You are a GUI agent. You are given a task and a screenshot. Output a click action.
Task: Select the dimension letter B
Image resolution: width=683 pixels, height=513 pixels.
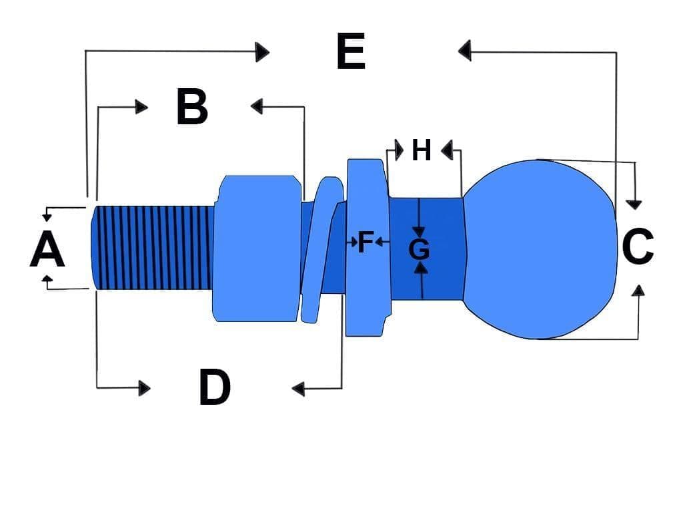tap(192, 107)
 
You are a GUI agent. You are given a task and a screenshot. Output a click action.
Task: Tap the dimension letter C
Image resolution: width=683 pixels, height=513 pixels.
tap(638, 246)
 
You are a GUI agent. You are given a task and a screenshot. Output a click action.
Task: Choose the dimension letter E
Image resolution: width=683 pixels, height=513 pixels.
tap(351, 52)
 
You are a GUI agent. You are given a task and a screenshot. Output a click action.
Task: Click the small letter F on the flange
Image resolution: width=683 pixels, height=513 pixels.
tap(364, 242)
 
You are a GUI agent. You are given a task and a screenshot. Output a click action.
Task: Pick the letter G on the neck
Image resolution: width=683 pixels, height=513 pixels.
tap(419, 250)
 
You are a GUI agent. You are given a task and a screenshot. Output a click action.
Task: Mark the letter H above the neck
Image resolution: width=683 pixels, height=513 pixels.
tap(421, 150)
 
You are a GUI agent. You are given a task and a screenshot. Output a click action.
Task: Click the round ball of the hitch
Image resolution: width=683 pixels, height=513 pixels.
tap(540, 248)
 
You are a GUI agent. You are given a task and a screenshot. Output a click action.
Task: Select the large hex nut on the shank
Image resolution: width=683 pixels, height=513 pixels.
tap(256, 248)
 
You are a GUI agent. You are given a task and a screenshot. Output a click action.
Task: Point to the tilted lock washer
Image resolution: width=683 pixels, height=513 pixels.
tap(317, 248)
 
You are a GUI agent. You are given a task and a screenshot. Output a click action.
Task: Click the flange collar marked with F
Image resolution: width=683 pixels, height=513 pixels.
tap(366, 281)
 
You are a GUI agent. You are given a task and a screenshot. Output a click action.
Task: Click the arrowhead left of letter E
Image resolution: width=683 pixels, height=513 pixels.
tap(263, 51)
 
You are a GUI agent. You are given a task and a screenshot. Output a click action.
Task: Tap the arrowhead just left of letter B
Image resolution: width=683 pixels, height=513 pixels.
tap(141, 106)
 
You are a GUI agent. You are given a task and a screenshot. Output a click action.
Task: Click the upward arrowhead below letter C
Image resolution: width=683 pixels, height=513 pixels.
tap(638, 290)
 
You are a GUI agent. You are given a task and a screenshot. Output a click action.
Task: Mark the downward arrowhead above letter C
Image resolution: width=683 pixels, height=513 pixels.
tap(635, 203)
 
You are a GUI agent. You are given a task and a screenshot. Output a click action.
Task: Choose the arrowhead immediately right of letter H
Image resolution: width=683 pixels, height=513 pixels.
tap(448, 150)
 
